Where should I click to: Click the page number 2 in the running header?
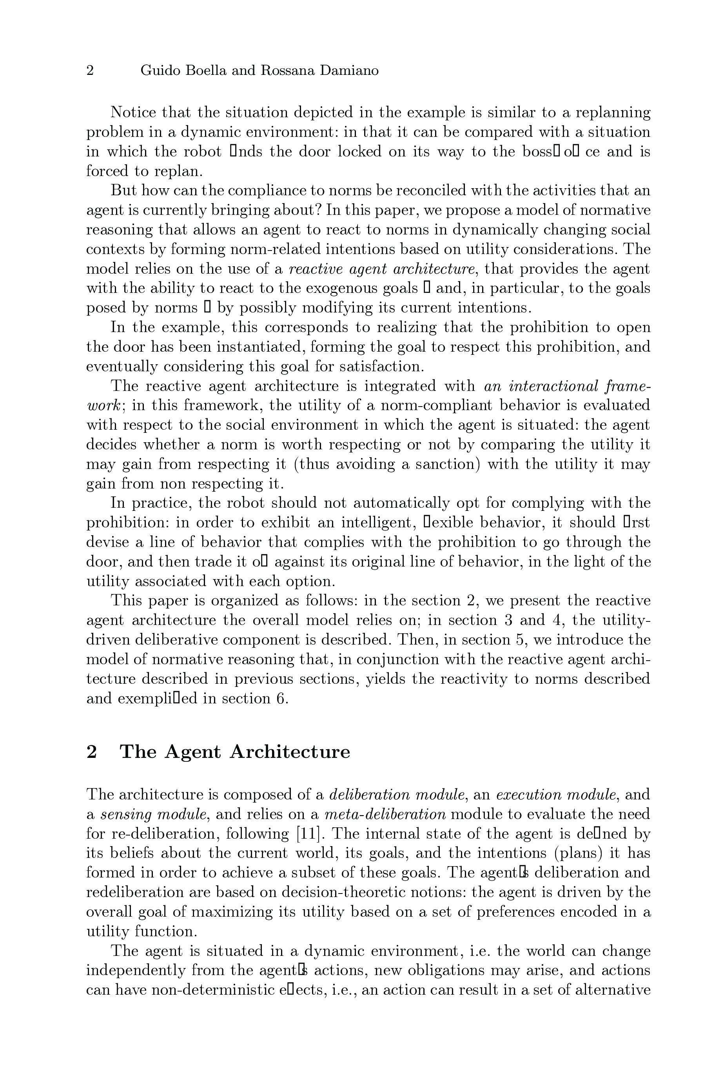[90, 71]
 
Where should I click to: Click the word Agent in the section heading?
[192, 752]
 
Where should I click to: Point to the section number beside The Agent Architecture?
[92, 752]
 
